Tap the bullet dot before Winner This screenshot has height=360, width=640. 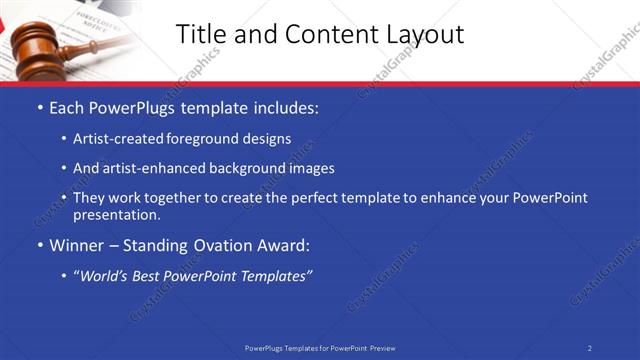(39, 245)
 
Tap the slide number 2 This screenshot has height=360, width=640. (590, 348)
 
